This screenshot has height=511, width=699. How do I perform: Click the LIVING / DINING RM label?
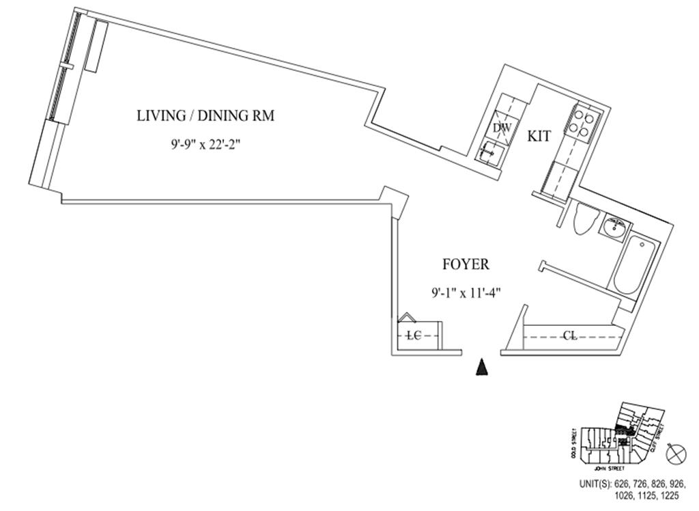[x=205, y=116]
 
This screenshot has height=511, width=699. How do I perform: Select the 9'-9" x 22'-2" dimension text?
[x=205, y=146]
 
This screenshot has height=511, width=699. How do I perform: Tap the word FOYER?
[x=465, y=265]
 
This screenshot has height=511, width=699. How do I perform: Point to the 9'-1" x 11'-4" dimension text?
[x=466, y=293]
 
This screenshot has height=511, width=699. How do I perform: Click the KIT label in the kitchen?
[x=539, y=136]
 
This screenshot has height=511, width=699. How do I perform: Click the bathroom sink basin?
[x=614, y=227]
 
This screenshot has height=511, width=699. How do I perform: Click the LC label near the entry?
[x=412, y=335]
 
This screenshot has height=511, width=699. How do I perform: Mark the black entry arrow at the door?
[x=483, y=368]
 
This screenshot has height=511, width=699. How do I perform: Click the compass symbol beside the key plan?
[x=676, y=454]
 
